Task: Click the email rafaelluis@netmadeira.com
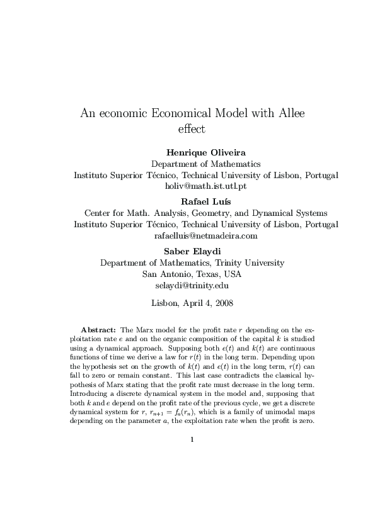pyautogui.click(x=205, y=236)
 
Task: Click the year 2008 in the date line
pyautogui.click(x=222, y=303)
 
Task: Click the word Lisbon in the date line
pyautogui.click(x=166, y=303)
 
